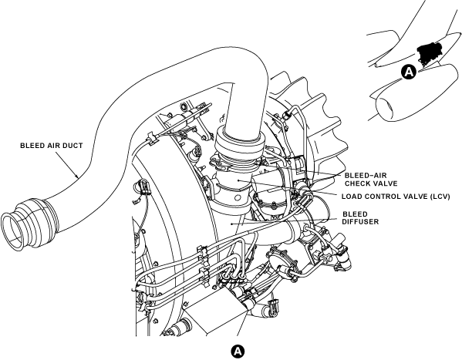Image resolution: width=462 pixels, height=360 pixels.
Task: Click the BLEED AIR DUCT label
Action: [x=51, y=146]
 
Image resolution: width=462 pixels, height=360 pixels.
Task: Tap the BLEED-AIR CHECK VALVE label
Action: [x=371, y=180]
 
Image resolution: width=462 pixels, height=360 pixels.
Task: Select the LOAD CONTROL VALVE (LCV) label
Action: [x=396, y=197]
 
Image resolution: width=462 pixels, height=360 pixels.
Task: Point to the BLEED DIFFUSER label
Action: [x=360, y=217]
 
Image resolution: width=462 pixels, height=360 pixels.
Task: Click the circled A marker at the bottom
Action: [x=238, y=352]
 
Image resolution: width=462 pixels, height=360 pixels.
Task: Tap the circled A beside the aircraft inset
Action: [x=408, y=72]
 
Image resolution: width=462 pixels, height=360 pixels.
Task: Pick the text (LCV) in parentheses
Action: [x=440, y=197]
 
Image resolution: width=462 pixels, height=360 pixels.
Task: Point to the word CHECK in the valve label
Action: [x=356, y=183]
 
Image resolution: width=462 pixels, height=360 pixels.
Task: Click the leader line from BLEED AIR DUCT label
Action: [x=66, y=163]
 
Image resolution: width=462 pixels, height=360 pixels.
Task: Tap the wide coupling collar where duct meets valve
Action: [x=238, y=141]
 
